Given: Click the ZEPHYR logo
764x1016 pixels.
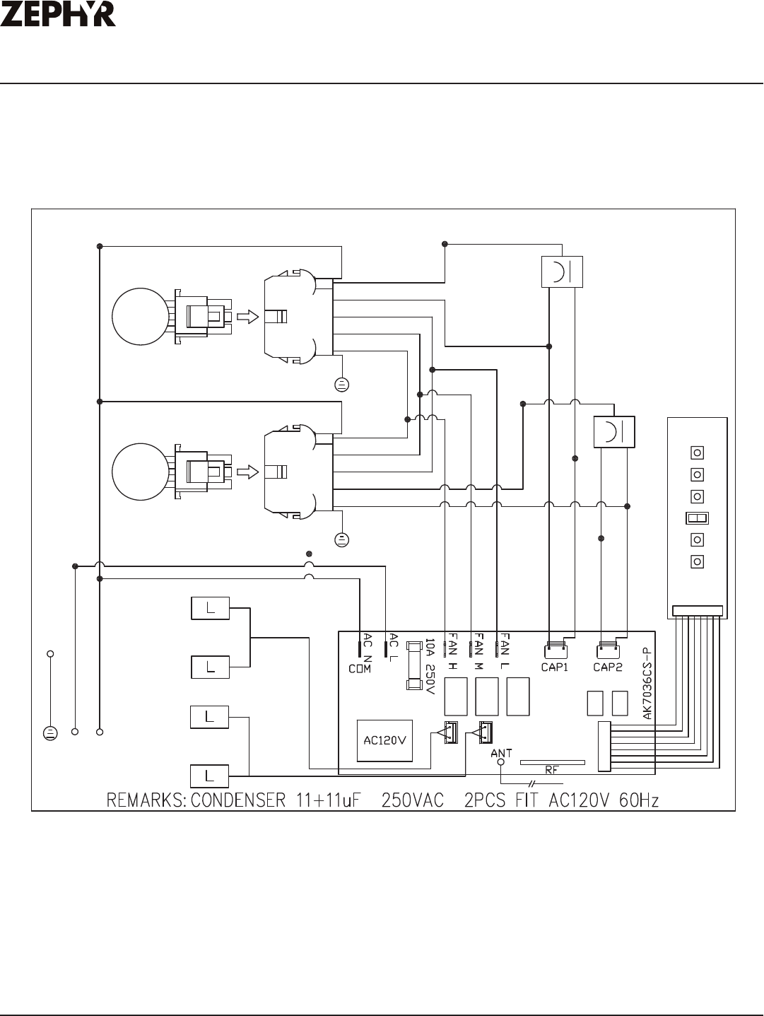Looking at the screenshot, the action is (58, 14).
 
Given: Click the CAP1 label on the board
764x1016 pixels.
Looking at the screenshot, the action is (555, 667).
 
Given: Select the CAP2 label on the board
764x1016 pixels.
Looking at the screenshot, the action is (608, 667).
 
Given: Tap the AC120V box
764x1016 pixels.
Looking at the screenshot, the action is (384, 740).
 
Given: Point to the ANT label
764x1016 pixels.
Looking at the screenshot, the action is (501, 753).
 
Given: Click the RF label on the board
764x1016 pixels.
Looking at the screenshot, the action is (552, 770).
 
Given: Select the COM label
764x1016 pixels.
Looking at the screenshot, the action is (360, 669).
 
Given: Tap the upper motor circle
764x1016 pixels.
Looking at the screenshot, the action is (141, 317).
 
